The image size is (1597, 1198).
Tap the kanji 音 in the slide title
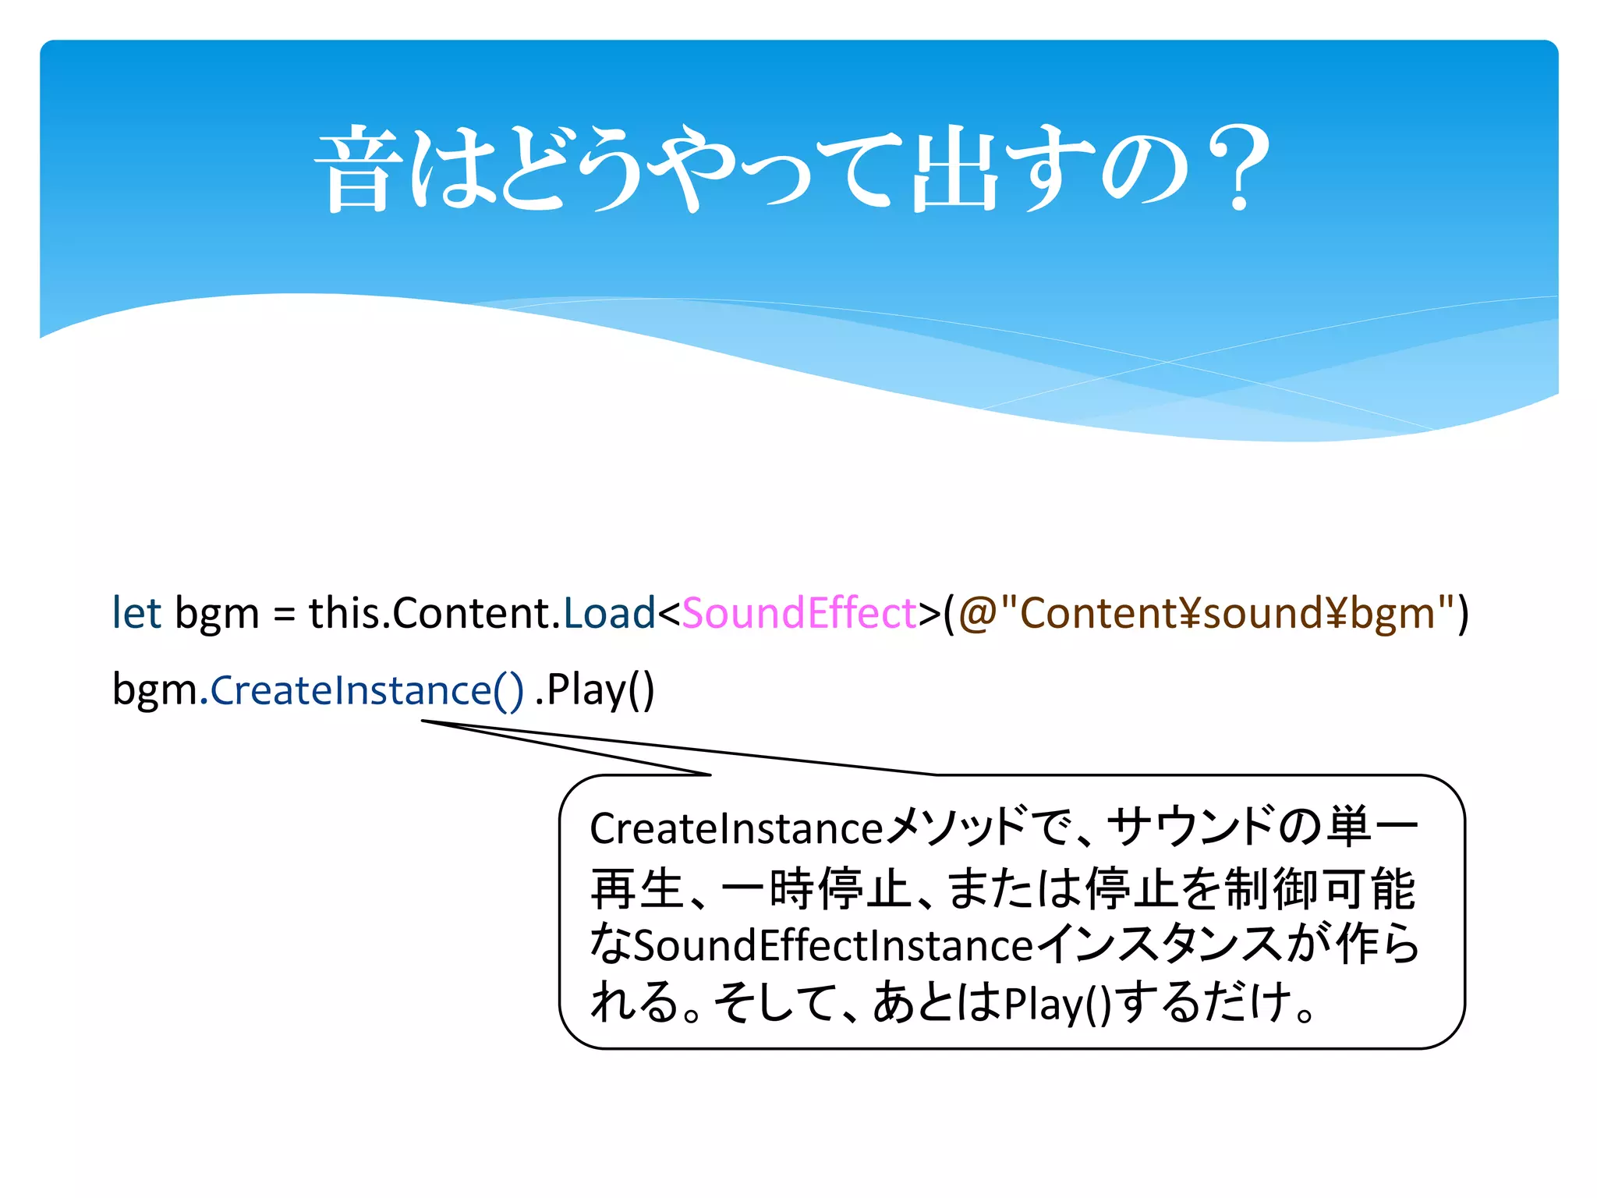pos(358,169)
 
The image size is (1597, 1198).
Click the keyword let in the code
pos(136,613)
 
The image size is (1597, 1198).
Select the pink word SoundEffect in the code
pos(798,613)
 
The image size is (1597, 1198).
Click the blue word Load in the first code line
pos(609,613)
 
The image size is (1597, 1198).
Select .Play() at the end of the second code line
pos(595,691)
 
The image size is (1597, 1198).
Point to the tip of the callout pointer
pos(423,721)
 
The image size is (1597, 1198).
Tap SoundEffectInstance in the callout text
pos(834,946)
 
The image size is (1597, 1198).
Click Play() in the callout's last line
pos(1057,1005)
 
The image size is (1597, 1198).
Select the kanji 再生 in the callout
pos(637,888)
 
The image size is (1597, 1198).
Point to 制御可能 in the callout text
pos(1320,888)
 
